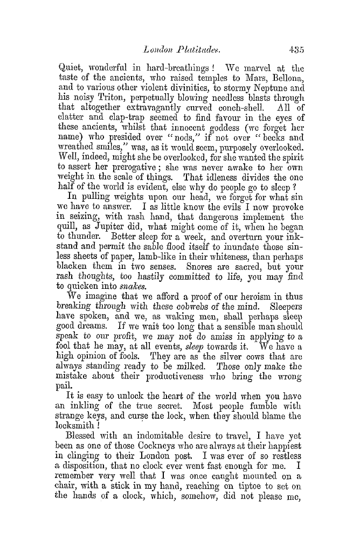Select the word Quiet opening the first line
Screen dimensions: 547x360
[70, 69]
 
